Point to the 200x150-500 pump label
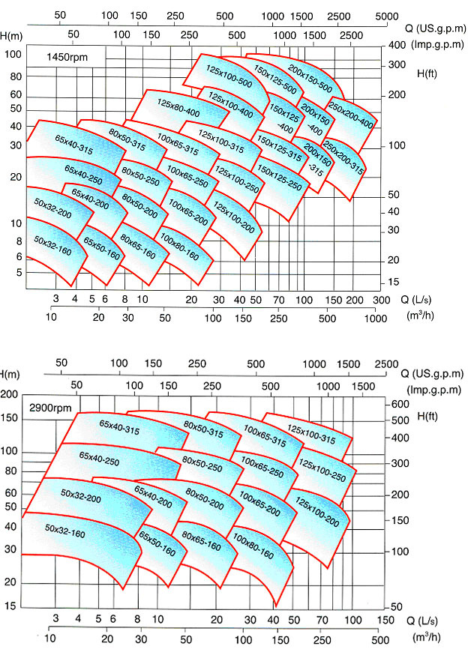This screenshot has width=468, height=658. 310,78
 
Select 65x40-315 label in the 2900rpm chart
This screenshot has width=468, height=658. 119,433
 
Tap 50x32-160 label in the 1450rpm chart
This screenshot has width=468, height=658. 52,245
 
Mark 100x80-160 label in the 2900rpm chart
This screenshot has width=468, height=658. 253,546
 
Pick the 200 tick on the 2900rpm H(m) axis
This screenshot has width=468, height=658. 10,395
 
